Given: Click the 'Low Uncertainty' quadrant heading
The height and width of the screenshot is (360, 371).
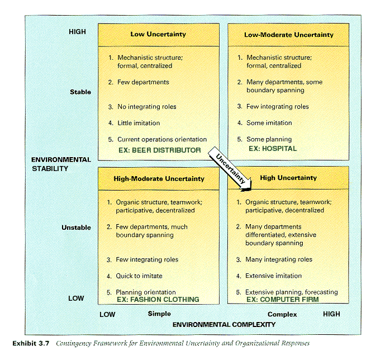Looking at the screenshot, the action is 158,34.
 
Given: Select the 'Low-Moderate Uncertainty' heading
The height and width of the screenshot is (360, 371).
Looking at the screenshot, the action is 289,35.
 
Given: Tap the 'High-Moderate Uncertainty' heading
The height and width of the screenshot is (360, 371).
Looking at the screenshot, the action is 159,179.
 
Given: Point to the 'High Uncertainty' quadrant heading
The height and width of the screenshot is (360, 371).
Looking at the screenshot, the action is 288,178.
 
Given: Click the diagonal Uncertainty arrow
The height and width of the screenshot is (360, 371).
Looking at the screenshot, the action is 230,168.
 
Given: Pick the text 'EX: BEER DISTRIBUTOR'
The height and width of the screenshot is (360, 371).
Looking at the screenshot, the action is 160,150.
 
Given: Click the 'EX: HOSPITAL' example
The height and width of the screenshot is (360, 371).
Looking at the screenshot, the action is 273,149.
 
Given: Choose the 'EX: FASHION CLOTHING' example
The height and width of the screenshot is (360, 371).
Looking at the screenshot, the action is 158,300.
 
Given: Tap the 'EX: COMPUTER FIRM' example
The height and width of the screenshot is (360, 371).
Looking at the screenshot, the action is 283,300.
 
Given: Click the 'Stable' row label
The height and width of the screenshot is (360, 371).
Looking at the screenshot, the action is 80,92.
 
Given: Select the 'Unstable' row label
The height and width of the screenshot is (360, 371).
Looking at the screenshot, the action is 76,228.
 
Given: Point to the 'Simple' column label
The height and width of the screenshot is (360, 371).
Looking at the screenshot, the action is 159,314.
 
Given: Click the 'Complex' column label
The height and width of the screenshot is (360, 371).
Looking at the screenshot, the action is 282,314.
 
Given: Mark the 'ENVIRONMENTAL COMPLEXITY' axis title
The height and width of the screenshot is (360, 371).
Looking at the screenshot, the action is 224,324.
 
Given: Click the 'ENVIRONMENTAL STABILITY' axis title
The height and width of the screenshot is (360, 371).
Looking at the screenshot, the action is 61,164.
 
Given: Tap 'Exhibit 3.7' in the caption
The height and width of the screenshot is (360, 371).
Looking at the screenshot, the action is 31,343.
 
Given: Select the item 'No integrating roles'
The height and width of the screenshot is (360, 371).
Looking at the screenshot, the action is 147,107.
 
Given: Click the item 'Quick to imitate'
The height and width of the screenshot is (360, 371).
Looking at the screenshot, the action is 139,276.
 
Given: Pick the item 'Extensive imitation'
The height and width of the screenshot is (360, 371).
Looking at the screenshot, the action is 273,276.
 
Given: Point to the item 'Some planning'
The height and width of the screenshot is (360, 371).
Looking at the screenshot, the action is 269,139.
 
